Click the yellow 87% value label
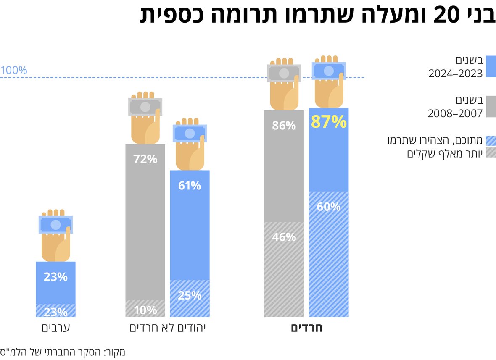pyautogui.click(x=329, y=122)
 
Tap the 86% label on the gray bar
pyautogui.click(x=284, y=126)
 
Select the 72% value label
pyautogui.click(x=145, y=159)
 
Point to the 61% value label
pyautogui.click(x=190, y=185)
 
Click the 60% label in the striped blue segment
pyautogui.click(x=329, y=207)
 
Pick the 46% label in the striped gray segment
pyautogui.click(x=284, y=237)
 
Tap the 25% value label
pyautogui.click(x=190, y=295)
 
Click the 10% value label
pyautogui.click(x=145, y=310)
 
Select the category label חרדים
pyautogui.click(x=306, y=328)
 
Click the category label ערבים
pyautogui.click(x=55, y=328)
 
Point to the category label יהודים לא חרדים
pyautogui.click(x=167, y=328)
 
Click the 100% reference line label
pyautogui.click(x=13, y=70)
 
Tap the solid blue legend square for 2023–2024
pyautogui.click(x=491, y=66)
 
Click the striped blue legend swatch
pyautogui.click(x=491, y=141)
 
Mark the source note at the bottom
pyautogui.click(x=63, y=352)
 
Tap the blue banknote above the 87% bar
pyautogui.click(x=329, y=71)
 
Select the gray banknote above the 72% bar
pyautogui.click(x=145, y=107)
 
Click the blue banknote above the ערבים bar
pyautogui.click(x=55, y=225)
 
